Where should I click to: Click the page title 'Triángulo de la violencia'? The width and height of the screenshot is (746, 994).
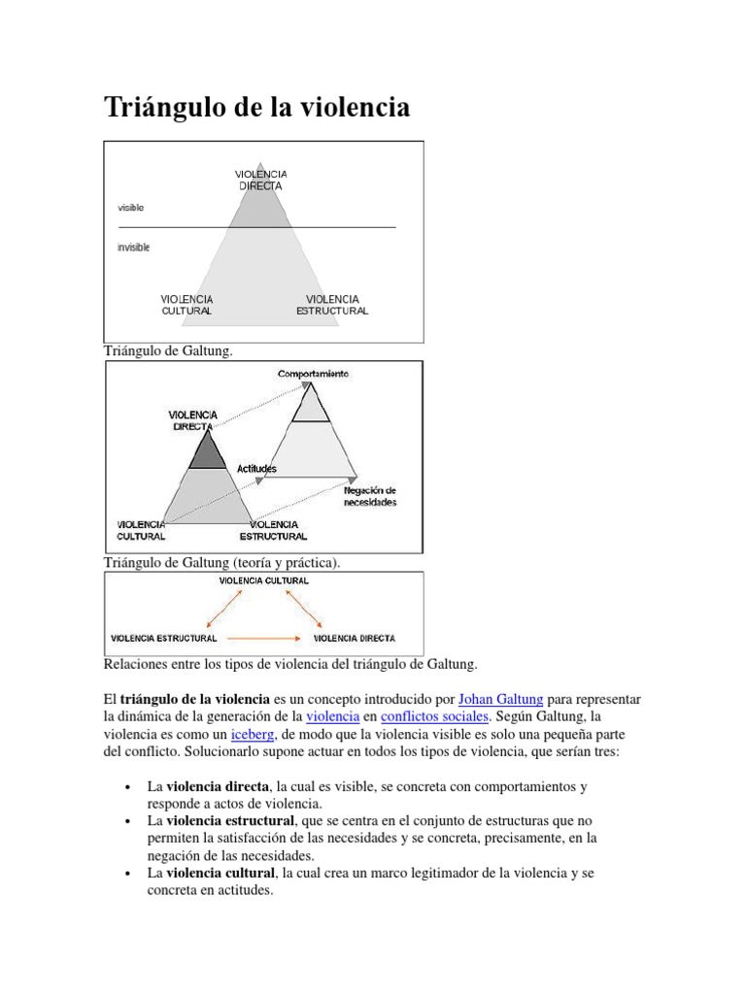click(256, 107)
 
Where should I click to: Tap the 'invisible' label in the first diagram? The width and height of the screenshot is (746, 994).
click(134, 248)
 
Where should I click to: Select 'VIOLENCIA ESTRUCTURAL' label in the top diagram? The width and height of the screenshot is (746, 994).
click(332, 305)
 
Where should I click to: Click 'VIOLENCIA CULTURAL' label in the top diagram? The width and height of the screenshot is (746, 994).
click(186, 305)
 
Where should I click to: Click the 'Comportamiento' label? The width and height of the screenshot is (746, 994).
click(312, 374)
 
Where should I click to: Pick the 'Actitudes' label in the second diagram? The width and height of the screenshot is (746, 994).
click(256, 469)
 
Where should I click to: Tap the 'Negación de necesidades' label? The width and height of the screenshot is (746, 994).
click(370, 496)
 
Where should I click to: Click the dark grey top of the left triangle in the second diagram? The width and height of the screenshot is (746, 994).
click(205, 452)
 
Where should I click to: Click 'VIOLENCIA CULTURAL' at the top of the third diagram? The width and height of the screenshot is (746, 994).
click(264, 580)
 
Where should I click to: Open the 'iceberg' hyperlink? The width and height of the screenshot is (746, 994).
click(252, 734)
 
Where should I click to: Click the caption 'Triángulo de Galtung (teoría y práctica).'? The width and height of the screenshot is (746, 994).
click(222, 562)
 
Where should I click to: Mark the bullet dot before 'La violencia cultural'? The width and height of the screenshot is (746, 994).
click(128, 874)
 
